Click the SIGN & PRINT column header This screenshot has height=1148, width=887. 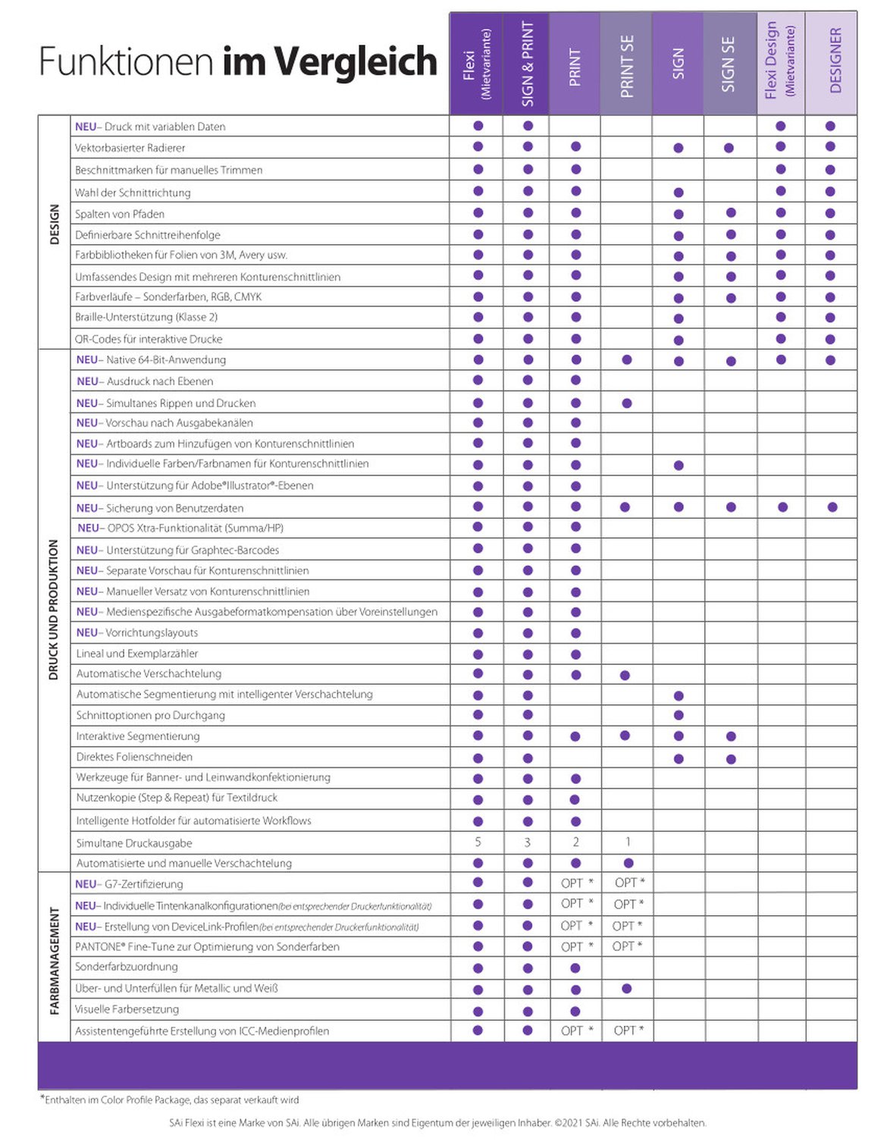528,64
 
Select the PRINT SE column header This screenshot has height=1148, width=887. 627,66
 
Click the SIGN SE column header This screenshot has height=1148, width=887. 729,64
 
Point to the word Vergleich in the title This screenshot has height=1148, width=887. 356,61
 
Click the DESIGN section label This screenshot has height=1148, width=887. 55,224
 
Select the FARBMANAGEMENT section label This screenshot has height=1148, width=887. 55,959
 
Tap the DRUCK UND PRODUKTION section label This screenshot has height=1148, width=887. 54,610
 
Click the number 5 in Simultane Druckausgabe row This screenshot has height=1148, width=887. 478,842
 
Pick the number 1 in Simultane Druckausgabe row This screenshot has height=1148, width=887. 628,842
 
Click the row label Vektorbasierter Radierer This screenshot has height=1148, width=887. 130,148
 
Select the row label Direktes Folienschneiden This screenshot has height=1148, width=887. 134,757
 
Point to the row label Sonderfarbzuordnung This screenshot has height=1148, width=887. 127,967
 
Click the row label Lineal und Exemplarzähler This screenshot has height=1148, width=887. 137,654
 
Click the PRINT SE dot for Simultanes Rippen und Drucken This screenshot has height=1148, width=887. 627,403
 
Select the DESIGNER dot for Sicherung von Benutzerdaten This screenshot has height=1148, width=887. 832,507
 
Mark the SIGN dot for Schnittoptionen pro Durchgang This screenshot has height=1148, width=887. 679,715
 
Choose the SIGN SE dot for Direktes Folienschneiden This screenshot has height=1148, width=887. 731,759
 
